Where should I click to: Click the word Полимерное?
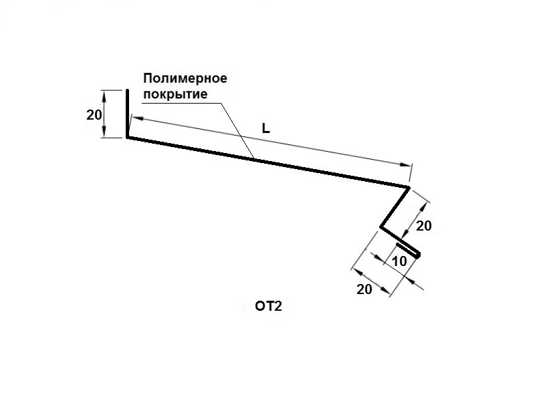(x=185, y=78)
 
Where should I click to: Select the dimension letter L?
(x=265, y=129)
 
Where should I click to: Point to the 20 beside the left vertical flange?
(x=94, y=114)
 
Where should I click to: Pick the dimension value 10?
(x=399, y=261)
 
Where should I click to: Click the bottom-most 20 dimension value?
(x=364, y=289)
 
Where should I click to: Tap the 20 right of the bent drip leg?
(x=424, y=226)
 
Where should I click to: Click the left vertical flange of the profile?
(x=127, y=114)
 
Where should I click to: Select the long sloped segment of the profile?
(x=267, y=161)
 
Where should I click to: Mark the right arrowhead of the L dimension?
(x=405, y=164)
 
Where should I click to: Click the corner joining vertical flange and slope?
(x=127, y=137)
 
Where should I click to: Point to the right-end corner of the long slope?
(x=407, y=186)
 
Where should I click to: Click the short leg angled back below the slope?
(x=394, y=207)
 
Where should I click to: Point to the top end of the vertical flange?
(x=127, y=90)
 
